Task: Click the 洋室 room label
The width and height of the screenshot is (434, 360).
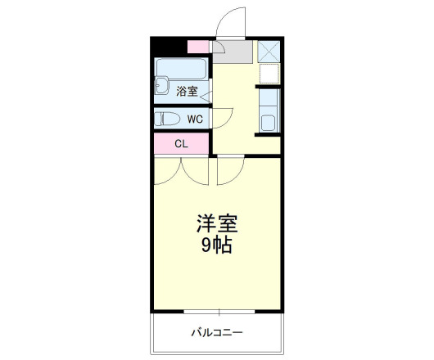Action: click(x=216, y=223)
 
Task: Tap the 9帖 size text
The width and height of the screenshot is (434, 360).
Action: click(x=216, y=244)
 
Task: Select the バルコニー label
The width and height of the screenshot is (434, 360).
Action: click(x=217, y=333)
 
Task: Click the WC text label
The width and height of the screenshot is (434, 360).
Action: click(x=194, y=119)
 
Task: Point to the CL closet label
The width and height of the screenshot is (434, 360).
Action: click(x=181, y=144)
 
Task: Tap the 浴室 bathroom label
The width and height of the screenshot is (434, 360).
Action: click(x=187, y=92)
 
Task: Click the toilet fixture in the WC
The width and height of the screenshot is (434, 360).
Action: click(x=167, y=119)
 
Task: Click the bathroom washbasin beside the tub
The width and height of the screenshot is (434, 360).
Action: click(x=162, y=86)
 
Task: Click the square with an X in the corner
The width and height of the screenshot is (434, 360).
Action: click(x=269, y=51)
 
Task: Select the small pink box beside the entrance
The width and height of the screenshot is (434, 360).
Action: click(x=198, y=47)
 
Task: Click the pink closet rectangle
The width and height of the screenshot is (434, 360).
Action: click(x=181, y=144)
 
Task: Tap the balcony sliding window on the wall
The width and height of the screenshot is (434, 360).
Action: click(x=218, y=312)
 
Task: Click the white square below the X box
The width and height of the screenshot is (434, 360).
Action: click(x=269, y=74)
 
